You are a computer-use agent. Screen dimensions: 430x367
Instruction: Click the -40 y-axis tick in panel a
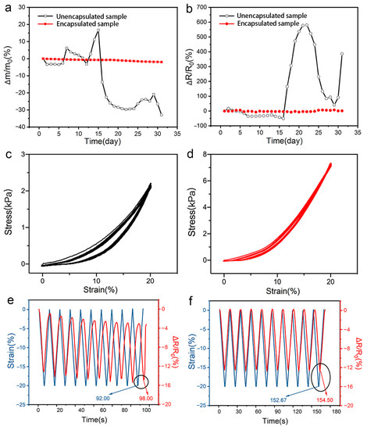[28, 126]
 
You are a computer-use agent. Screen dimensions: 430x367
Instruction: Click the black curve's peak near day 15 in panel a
[98, 31]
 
